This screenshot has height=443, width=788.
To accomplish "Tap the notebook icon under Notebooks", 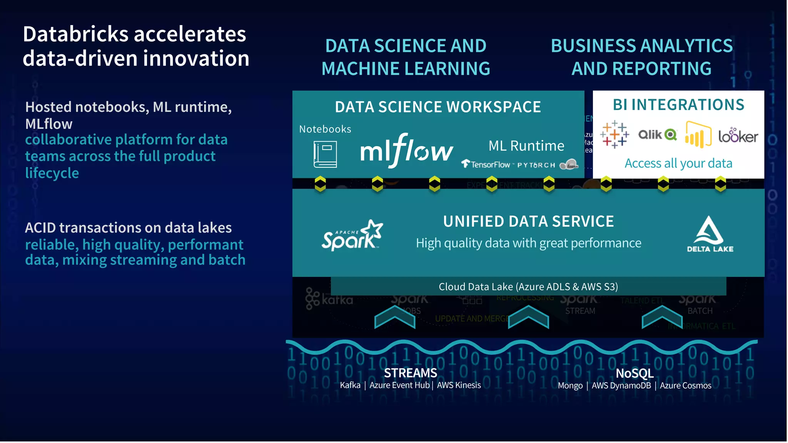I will click(x=325, y=154).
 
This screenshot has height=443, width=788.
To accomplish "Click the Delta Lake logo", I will click(x=710, y=234).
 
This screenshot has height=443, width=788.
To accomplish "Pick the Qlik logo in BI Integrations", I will click(x=657, y=135).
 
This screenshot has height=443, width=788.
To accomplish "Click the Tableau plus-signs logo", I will click(x=614, y=135).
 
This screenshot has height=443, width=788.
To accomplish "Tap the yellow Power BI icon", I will click(x=698, y=135).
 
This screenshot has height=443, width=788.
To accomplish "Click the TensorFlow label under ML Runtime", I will click(x=487, y=165).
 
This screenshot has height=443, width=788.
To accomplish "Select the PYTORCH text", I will click(x=536, y=165).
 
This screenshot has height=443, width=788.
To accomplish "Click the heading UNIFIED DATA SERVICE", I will click(x=528, y=221).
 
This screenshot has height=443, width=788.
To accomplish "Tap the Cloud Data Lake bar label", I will click(x=528, y=286).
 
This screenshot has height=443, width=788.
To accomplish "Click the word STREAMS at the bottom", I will click(x=411, y=373).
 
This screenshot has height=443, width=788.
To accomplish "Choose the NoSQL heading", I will click(x=634, y=373).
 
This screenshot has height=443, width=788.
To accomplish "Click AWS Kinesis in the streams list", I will click(x=459, y=385).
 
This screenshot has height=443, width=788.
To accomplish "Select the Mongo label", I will click(x=570, y=385).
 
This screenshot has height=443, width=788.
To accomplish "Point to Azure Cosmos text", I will click(x=685, y=385).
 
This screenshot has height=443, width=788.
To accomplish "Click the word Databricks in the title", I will click(x=75, y=34).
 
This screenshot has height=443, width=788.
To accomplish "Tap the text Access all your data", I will click(x=678, y=163).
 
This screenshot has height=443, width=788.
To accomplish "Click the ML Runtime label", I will click(x=526, y=146).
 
